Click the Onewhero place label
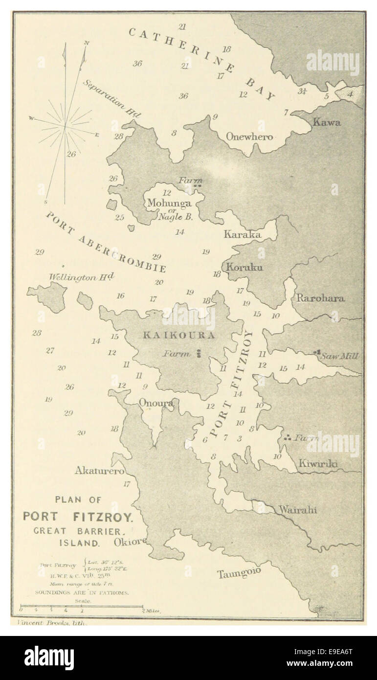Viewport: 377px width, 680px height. (x=249, y=137)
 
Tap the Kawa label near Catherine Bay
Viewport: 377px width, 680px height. (x=327, y=122)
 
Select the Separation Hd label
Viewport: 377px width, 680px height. (x=111, y=98)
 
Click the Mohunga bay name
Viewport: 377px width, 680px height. (x=169, y=203)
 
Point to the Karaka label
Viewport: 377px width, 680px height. (x=243, y=234)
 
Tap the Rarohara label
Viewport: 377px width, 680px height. (x=320, y=298)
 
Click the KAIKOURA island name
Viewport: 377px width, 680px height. (x=178, y=336)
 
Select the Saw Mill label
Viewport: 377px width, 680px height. (x=339, y=356)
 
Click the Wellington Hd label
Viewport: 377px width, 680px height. (x=81, y=277)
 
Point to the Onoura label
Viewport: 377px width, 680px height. (x=155, y=403)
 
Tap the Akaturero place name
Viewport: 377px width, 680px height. (x=99, y=471)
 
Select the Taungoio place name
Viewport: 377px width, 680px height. (x=239, y=573)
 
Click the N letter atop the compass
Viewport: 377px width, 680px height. (x=87, y=43)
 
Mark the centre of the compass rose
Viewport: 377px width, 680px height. (x=65, y=126)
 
